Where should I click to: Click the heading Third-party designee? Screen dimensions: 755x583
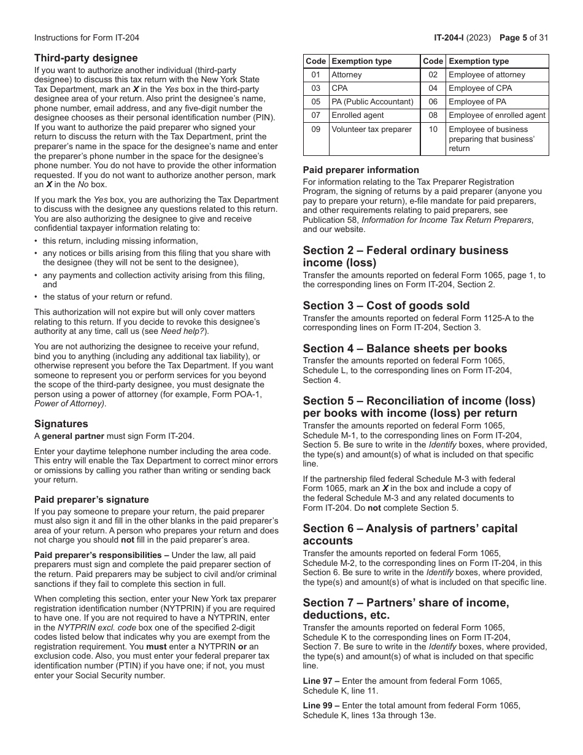pos(86,58)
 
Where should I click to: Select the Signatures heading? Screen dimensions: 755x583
pos(61,424)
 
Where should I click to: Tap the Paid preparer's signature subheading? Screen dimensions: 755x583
pos(91,500)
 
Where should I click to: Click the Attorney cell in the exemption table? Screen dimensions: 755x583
pos(347,75)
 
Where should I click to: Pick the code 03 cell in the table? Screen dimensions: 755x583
pos(315,88)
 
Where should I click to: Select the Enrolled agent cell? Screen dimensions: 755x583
pos(358,115)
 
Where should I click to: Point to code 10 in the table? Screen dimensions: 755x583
pos(433,130)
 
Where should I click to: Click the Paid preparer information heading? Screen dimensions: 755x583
pos(361,170)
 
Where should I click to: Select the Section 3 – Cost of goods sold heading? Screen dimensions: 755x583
pos(386,306)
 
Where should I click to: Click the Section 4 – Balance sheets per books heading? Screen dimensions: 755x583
pos(405,349)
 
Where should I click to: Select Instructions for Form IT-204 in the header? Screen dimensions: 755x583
pos(87,37)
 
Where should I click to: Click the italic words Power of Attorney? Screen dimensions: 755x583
pos(69,403)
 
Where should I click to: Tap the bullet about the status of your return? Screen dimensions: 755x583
pos(107,297)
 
